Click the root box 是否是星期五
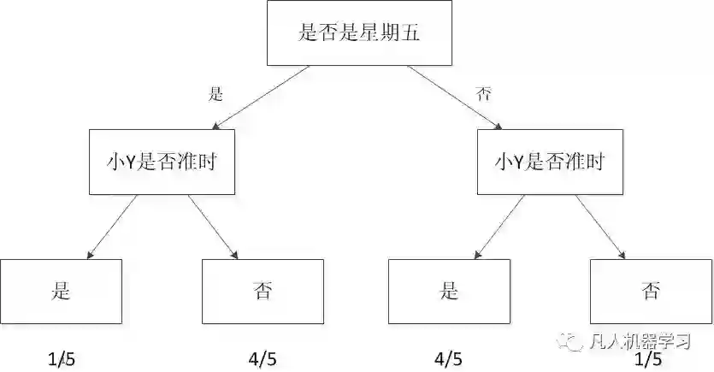pyautogui.click(x=359, y=34)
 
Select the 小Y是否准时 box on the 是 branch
pyautogui.click(x=160, y=162)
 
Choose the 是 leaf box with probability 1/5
pyautogui.click(x=61, y=290)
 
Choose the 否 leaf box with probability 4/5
pyautogui.click(x=263, y=290)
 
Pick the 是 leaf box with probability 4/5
pyautogui.click(x=450, y=290)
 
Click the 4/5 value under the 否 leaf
pyautogui.click(x=263, y=358)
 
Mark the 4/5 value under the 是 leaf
pyautogui.click(x=450, y=358)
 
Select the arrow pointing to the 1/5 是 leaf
pyautogui.click(x=112, y=226)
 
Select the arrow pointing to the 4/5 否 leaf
pyautogui.click(x=213, y=226)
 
